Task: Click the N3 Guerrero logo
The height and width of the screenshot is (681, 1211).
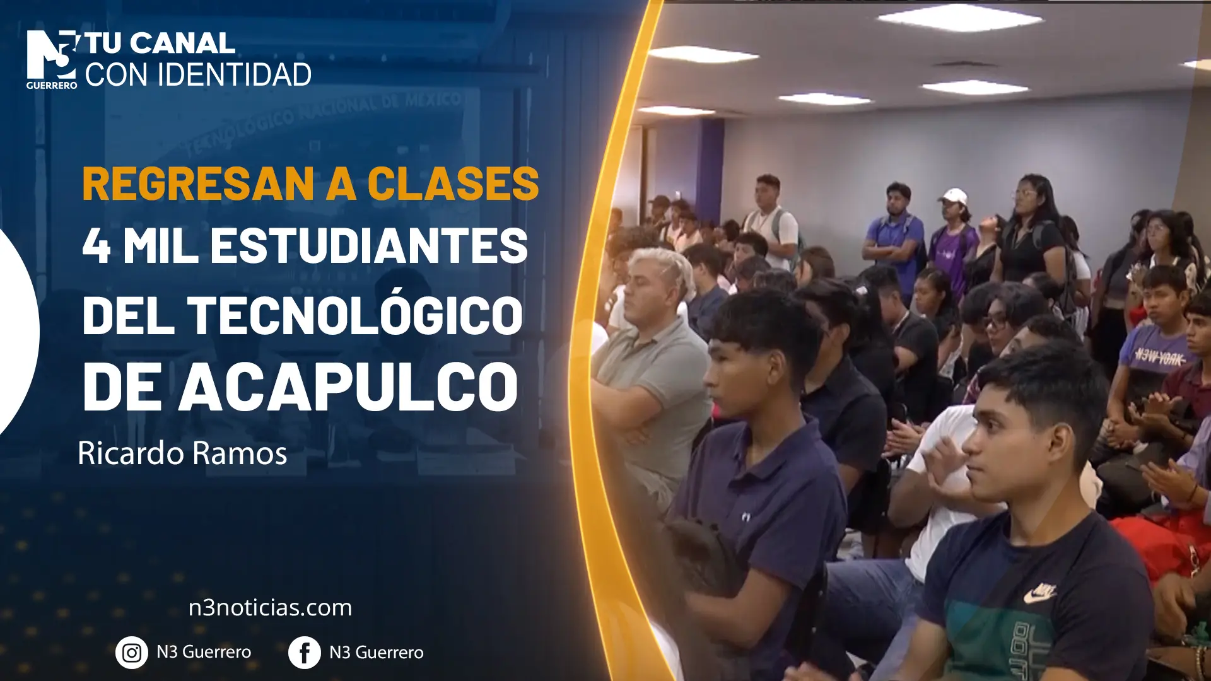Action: (52, 59)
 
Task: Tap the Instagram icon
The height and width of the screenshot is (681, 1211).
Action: (132, 653)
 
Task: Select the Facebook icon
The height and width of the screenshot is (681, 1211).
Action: (305, 653)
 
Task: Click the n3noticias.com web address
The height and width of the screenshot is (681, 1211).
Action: (270, 608)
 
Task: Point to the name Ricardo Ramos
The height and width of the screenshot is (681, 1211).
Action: (182, 453)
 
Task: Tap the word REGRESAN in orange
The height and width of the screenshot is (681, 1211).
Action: (198, 183)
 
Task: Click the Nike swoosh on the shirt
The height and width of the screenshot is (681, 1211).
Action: (1039, 593)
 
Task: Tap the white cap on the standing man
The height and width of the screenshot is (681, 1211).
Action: (954, 195)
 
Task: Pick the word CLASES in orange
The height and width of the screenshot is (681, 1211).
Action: (453, 183)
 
